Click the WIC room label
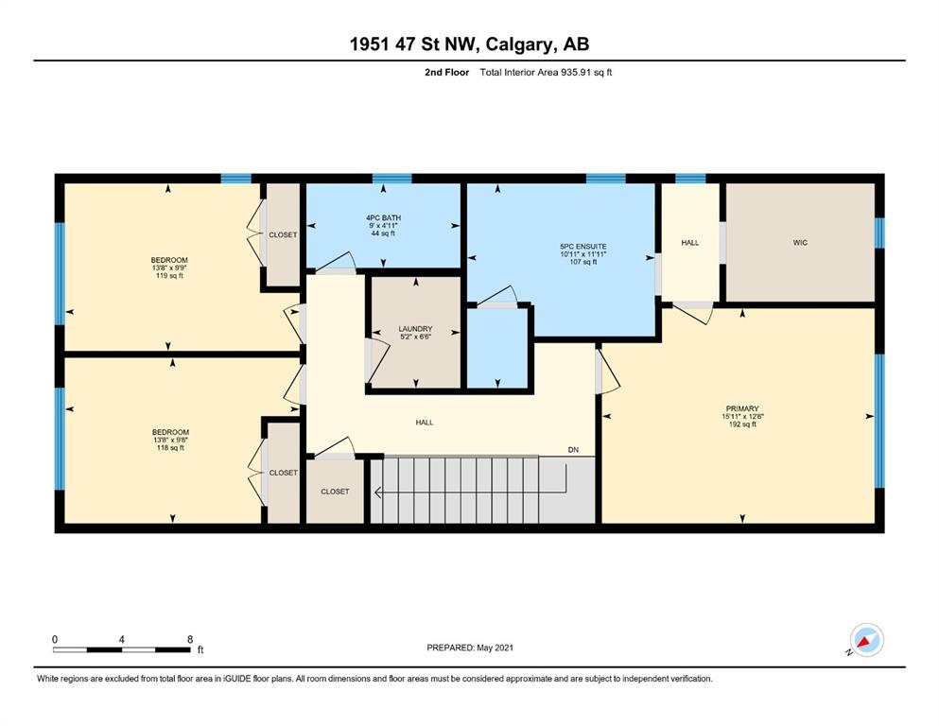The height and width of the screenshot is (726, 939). (x=800, y=242)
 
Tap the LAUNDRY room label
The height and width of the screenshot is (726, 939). (x=416, y=329)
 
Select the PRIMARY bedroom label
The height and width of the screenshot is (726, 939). (x=742, y=408)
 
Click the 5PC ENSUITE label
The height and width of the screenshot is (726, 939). (x=583, y=246)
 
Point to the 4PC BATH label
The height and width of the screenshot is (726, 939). (x=384, y=217)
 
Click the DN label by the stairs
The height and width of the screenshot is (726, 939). (x=574, y=449)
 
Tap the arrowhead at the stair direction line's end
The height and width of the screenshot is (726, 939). (x=378, y=492)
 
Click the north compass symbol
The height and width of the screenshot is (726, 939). (x=866, y=641)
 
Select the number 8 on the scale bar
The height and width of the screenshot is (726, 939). (x=190, y=639)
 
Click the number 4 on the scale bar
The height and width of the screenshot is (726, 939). (x=122, y=639)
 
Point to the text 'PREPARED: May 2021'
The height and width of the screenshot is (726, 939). (x=470, y=648)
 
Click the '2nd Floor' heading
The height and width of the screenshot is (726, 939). (x=446, y=73)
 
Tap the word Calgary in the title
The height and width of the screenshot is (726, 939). (x=517, y=44)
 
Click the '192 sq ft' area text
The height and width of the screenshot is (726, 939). (x=742, y=424)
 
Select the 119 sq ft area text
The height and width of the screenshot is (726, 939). (x=169, y=276)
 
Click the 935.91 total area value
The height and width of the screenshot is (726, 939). (x=576, y=73)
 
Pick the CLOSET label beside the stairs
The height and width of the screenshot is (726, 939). (x=335, y=492)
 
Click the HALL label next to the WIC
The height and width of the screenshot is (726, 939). (x=690, y=242)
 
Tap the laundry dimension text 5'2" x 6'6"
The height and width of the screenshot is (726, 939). (x=416, y=337)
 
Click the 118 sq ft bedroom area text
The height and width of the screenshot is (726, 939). (x=170, y=448)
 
